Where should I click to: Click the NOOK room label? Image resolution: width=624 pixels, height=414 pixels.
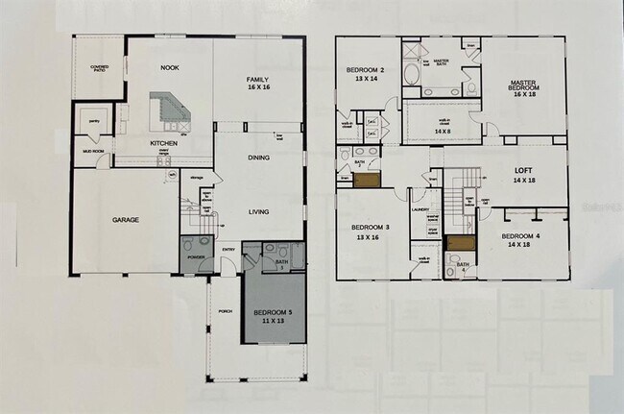pyautogui.click(x=170, y=68)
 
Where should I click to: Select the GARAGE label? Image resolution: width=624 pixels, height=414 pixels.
pyautogui.click(x=125, y=220)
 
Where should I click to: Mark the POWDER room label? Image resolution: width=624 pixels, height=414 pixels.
pyautogui.click(x=196, y=257)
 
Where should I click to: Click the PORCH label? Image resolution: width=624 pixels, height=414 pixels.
pyautogui.click(x=225, y=311)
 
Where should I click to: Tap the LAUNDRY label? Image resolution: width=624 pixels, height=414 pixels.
pyautogui.click(x=420, y=208)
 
